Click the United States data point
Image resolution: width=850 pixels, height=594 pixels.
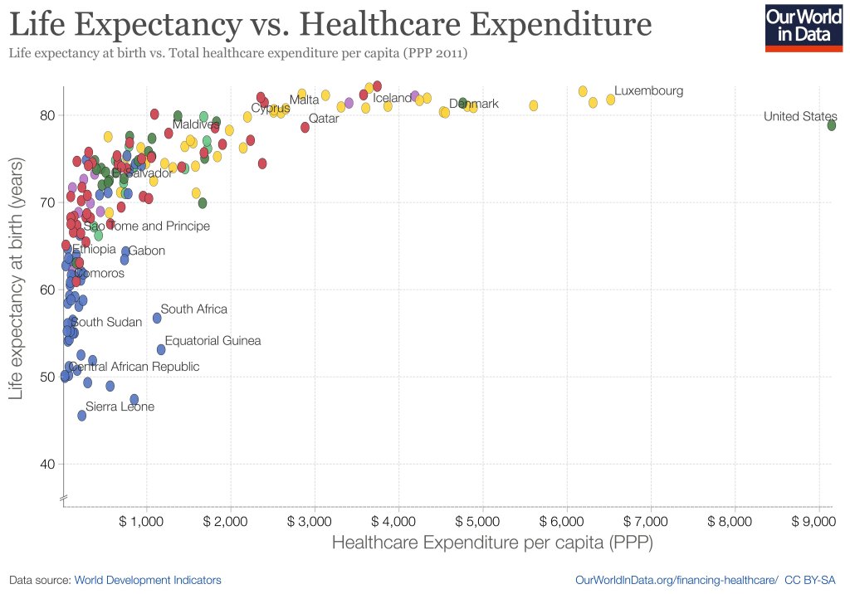(x=831, y=125)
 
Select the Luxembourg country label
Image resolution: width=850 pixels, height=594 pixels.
(x=648, y=90)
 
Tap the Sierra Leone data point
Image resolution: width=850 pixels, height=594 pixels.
(x=82, y=415)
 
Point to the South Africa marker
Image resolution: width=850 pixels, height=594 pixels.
(x=157, y=318)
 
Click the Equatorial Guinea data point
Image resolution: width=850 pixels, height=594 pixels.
(x=161, y=349)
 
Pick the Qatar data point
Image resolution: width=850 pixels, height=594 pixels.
(x=305, y=127)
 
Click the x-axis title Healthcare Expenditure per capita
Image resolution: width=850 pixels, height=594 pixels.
(x=491, y=543)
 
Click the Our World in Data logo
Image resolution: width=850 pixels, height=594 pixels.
(x=798, y=27)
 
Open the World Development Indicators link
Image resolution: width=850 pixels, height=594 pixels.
(x=148, y=580)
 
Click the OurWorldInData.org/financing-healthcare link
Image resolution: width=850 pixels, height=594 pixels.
(x=676, y=580)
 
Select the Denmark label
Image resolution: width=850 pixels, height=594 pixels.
(x=474, y=104)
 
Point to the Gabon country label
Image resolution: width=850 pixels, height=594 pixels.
(x=147, y=251)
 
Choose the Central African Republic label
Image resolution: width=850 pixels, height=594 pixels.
(x=134, y=367)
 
